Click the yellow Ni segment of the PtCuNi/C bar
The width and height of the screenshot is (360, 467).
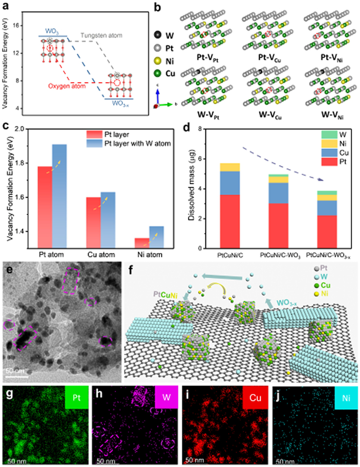point(229,167)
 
